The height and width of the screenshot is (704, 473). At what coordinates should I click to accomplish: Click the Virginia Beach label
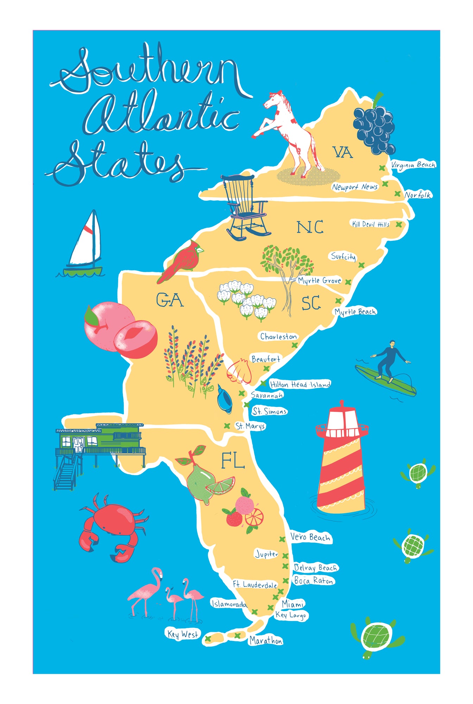[x=413, y=165]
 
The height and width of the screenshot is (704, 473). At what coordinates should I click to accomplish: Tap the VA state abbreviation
[x=342, y=152]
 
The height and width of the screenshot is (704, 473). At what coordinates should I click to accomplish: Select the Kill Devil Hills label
[x=371, y=224]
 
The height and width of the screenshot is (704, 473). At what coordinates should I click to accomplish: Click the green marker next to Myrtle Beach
[x=338, y=301]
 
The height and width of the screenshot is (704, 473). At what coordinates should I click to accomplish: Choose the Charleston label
[x=278, y=337]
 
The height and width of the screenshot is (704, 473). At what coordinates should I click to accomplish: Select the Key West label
[x=183, y=634]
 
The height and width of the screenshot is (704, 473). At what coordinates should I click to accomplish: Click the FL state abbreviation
[x=233, y=461]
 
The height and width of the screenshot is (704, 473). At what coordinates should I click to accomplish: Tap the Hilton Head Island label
[x=300, y=384]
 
